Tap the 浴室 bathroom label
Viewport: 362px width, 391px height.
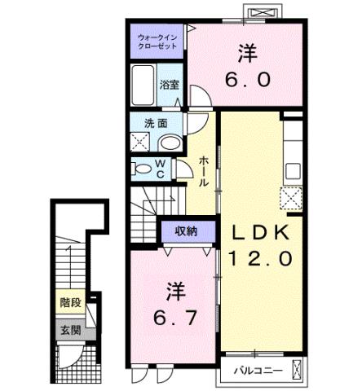tap(169, 85)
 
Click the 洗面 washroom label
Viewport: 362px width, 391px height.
tap(156, 124)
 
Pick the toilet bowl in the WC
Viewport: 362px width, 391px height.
tap(144, 169)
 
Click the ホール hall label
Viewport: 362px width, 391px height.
tap(203, 171)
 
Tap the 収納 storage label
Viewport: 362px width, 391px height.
tap(187, 231)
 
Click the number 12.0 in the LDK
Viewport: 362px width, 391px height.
tap(259, 260)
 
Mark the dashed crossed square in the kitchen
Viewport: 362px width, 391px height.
tap(291, 197)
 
